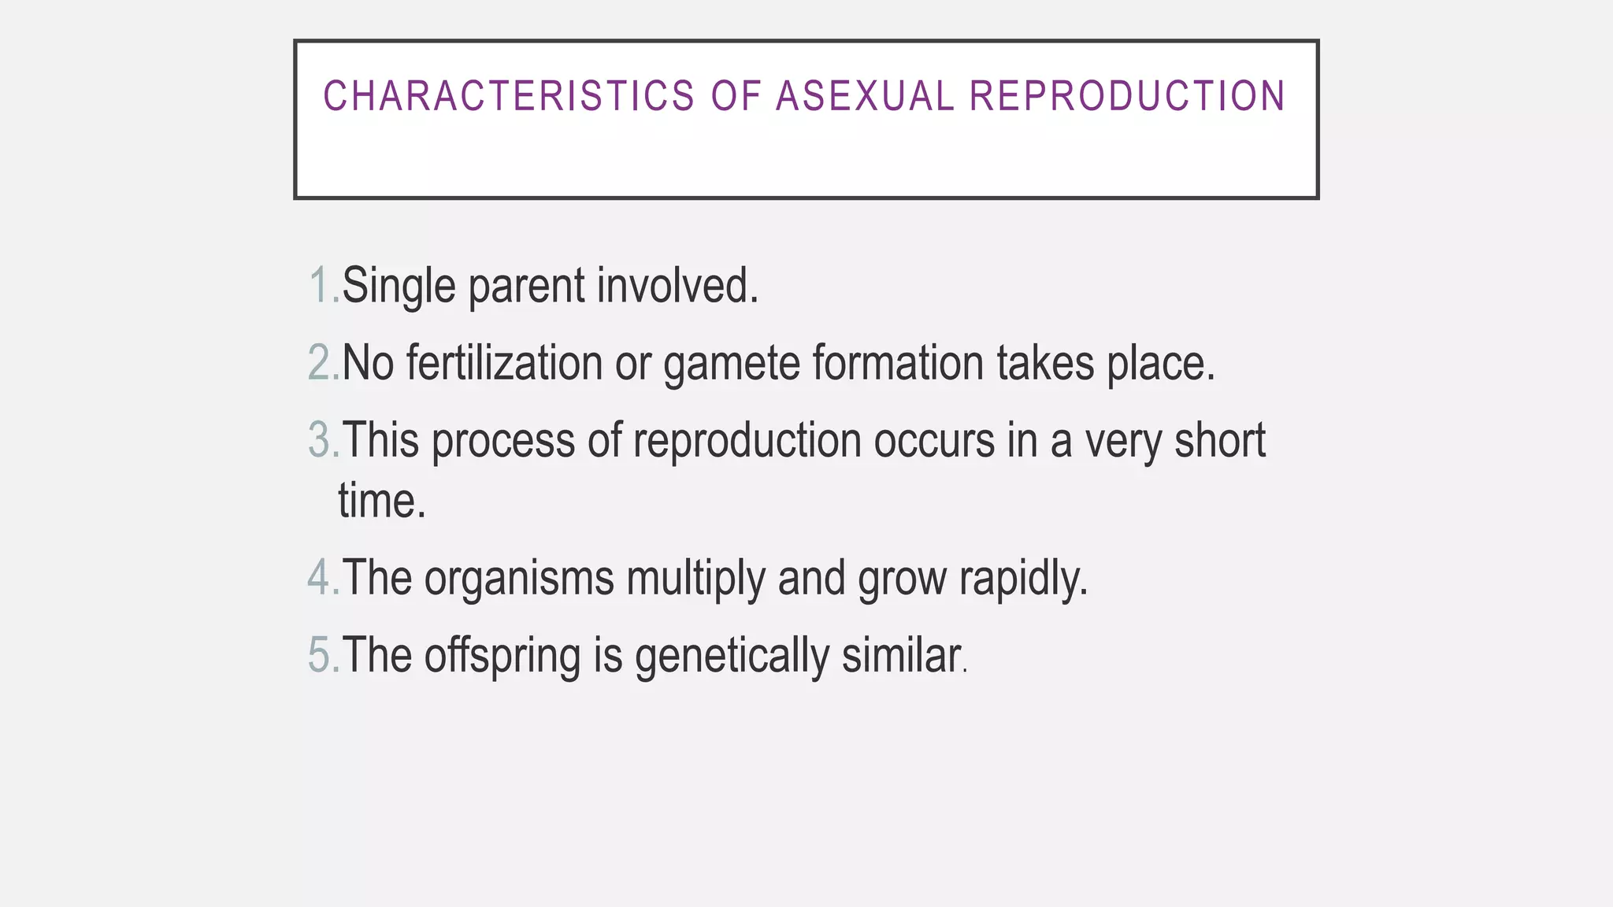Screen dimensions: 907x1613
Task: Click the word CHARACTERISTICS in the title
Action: [x=509, y=97]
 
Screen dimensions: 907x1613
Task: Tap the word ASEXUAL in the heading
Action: [x=865, y=97]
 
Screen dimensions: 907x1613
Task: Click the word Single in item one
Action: [x=399, y=286]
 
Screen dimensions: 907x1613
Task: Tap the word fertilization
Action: [x=504, y=363]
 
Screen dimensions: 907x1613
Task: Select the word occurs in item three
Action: [x=934, y=440]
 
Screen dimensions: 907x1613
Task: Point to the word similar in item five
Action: [x=900, y=655]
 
